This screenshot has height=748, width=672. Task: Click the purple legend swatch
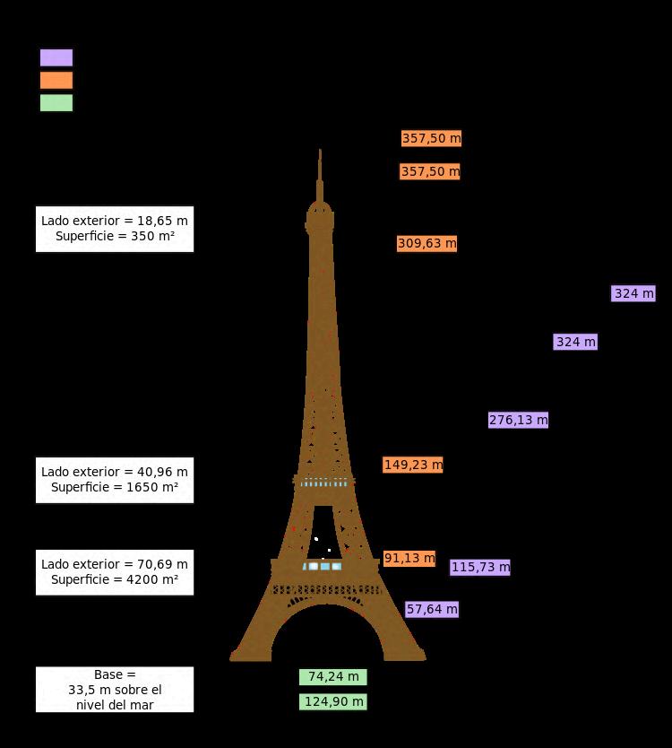coord(56,57)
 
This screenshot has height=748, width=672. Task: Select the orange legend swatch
coord(56,80)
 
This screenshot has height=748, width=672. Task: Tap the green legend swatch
coord(56,102)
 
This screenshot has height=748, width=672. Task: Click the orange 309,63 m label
coord(426,243)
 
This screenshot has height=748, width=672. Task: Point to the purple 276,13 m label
coord(518,420)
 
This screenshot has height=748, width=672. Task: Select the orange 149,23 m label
coord(413,465)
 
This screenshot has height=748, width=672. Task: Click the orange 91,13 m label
coord(409,558)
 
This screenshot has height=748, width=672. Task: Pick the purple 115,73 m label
coord(480,567)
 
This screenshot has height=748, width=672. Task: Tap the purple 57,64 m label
coord(432,609)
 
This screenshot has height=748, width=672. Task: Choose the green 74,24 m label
coord(333,676)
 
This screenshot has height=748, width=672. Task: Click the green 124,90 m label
coord(333,701)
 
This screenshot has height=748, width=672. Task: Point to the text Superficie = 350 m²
coord(115,237)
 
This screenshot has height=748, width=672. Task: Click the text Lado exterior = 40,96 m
coord(115,472)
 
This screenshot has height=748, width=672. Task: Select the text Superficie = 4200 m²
coord(115,580)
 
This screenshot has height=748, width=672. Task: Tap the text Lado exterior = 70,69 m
coord(115,564)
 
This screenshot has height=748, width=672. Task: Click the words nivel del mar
coord(115,705)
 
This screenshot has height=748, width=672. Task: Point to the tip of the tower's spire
coord(320,151)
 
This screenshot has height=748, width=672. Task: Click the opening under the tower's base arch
coord(327,637)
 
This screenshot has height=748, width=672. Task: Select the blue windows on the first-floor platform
coord(323,566)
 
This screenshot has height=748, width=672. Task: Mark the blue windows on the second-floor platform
coord(324,483)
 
